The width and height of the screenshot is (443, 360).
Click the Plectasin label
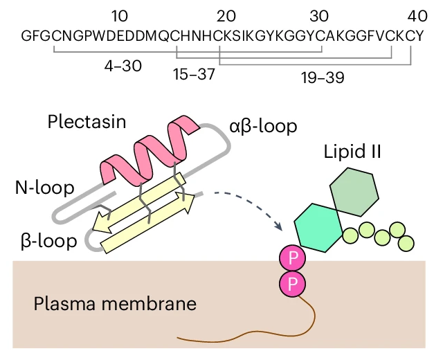tap(87, 123)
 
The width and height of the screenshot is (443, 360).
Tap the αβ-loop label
tap(262, 127)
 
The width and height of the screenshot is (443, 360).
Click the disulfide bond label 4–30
tap(123, 66)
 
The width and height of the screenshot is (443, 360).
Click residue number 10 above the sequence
tap(118, 15)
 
